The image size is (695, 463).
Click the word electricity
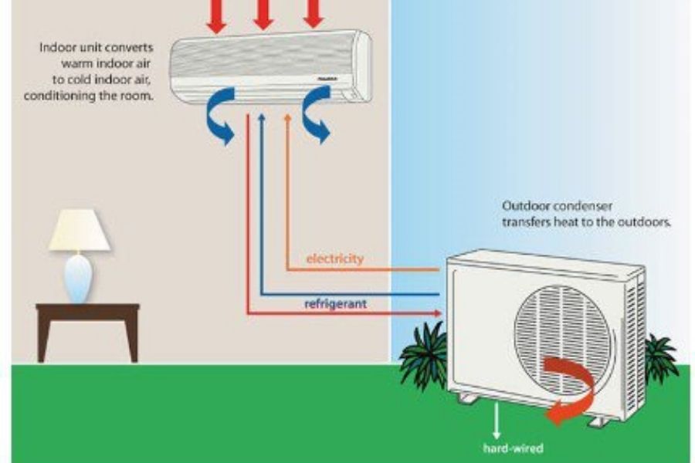pos(334,259)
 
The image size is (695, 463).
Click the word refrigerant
pos(335,304)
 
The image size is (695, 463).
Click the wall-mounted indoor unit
pos(270,66)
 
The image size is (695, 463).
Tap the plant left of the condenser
pos(423,356)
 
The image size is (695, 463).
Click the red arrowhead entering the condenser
pos(437,313)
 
